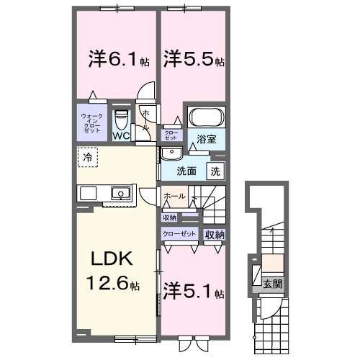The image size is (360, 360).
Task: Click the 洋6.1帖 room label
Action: (x=114, y=58)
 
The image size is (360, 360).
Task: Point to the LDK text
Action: (x=112, y=260)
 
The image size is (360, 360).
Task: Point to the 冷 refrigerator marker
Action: (x=87, y=156)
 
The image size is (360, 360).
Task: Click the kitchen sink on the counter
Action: (x=120, y=192)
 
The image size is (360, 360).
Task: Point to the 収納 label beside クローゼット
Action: (x=215, y=235)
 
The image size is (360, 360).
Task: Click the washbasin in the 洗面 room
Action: (x=171, y=153)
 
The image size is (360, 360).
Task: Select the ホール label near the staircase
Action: (x=174, y=197)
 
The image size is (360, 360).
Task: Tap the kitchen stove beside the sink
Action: (x=88, y=192)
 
